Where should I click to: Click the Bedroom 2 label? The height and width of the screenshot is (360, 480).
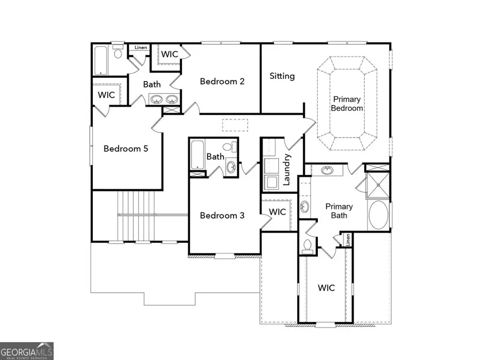pyautogui.click(x=222, y=82)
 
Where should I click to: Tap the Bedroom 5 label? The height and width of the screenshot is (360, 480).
pyautogui.click(x=125, y=149)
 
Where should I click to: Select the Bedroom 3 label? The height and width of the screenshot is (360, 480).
pyautogui.click(x=222, y=215)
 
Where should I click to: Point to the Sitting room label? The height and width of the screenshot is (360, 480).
pyautogui.click(x=282, y=76)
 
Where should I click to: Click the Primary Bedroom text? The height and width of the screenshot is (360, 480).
pyautogui.click(x=347, y=103)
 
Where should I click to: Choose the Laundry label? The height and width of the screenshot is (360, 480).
pyautogui.click(x=286, y=170)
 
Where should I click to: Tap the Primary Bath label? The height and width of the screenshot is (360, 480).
pyautogui.click(x=339, y=211)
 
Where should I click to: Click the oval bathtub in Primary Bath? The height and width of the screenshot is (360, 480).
pyautogui.click(x=378, y=215)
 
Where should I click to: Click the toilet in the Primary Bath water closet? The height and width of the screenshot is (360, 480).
pyautogui.click(x=307, y=246)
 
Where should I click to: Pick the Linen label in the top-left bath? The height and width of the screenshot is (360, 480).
pyautogui.click(x=140, y=47)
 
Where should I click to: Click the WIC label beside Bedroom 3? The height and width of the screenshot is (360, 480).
pyautogui.click(x=277, y=212)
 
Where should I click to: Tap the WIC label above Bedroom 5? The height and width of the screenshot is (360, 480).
pyautogui.click(x=107, y=95)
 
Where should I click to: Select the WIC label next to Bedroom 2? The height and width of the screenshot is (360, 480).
pyautogui.click(x=170, y=54)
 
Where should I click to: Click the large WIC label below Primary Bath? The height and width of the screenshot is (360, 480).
pyautogui.click(x=326, y=288)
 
